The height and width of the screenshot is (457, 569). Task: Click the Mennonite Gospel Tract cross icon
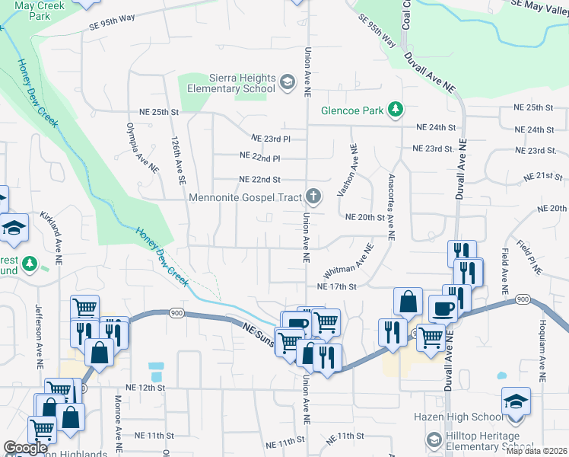313,197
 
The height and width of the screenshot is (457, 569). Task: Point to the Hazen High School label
459,417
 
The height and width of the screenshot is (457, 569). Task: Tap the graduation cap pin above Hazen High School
516,401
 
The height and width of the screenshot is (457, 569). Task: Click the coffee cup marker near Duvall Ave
443,308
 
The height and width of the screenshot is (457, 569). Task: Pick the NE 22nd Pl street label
260,157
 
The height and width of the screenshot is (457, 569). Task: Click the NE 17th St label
337,286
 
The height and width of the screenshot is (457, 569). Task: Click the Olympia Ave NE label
142,147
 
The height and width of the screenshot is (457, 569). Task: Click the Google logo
25,448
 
